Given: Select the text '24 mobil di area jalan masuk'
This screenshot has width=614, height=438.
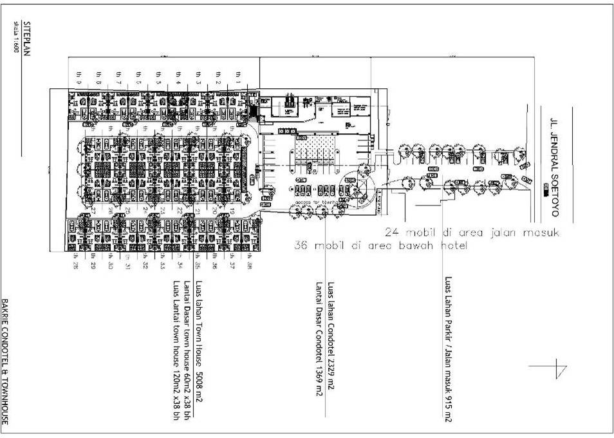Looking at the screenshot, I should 472,232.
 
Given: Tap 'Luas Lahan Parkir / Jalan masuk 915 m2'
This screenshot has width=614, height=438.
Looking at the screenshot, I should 448,349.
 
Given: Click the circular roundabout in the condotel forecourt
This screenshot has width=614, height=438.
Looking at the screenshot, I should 358,185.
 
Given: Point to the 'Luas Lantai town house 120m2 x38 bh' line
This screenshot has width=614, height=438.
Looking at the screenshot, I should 175,350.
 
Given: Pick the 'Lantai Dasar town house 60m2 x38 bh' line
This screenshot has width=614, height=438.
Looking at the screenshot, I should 187,350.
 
